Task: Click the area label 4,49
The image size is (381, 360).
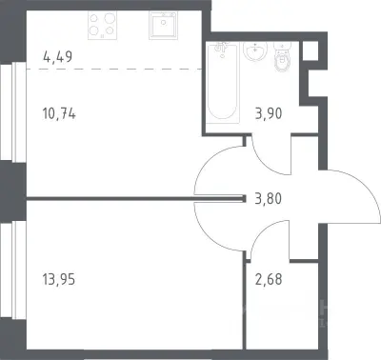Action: pos(57,56)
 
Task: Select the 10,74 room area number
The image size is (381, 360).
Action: pos(59,113)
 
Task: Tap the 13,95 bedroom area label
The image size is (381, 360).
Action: pos(59,280)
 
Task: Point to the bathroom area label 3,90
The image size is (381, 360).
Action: pos(269,113)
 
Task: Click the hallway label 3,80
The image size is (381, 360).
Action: pos(269,199)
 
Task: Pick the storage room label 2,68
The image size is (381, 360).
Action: pos(269,280)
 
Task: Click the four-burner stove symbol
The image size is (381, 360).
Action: pos(102,26)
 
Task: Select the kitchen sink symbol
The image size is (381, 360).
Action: pos(163,26)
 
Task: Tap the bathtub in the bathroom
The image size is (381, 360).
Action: pos(223,83)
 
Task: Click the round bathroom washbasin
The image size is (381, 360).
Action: pos(255,50)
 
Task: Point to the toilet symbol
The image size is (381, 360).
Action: pos(282,56)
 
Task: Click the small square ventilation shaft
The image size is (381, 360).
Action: pos(311,50)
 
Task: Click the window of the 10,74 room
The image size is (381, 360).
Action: pos(13,112)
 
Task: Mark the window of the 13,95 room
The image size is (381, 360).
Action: pos(13,270)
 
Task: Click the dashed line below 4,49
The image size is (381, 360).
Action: pos(114,69)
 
